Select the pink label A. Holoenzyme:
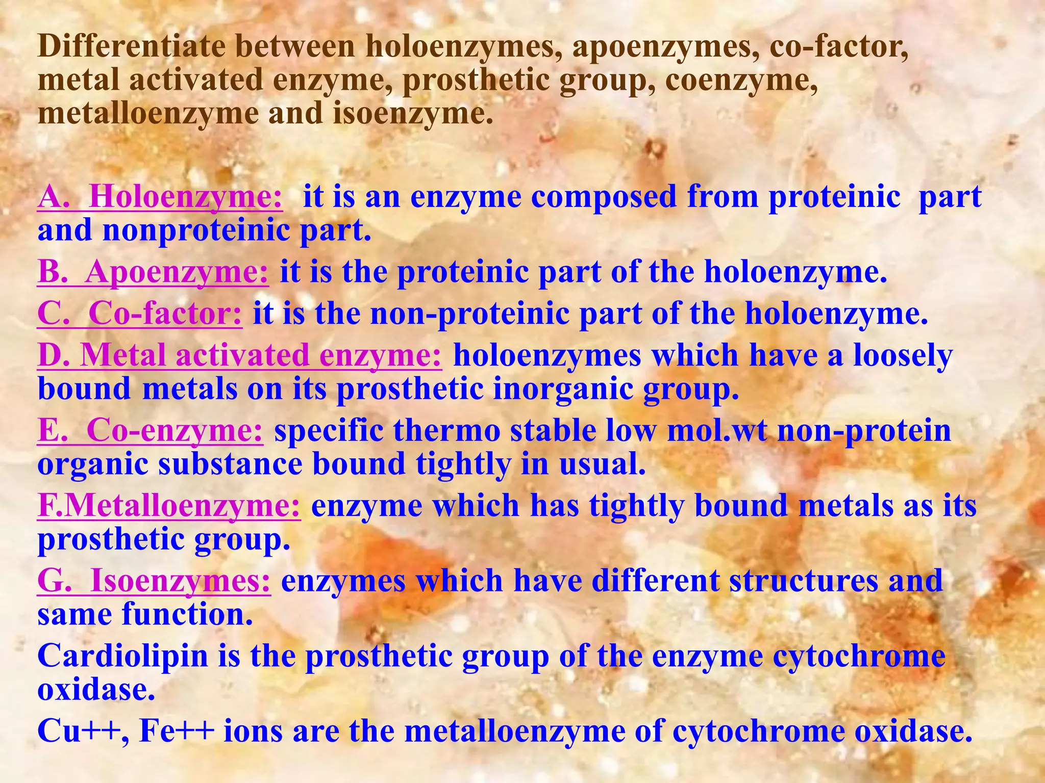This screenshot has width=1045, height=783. coord(160,197)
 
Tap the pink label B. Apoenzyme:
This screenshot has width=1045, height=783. coord(153,272)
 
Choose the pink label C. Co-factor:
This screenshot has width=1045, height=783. coord(140,314)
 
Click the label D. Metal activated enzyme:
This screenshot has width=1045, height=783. coord(239,355)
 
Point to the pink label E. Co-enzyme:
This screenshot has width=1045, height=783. coord(151,431)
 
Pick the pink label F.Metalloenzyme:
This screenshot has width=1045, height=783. coord(169,506)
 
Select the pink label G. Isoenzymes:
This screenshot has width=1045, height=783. coord(154,581)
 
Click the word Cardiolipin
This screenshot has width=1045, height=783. coord(123,656)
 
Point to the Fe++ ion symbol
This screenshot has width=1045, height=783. coord(176,731)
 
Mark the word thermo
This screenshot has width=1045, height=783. coord(446,431)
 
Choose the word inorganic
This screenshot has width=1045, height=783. coord(562,389)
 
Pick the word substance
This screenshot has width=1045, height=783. coord(230,464)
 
